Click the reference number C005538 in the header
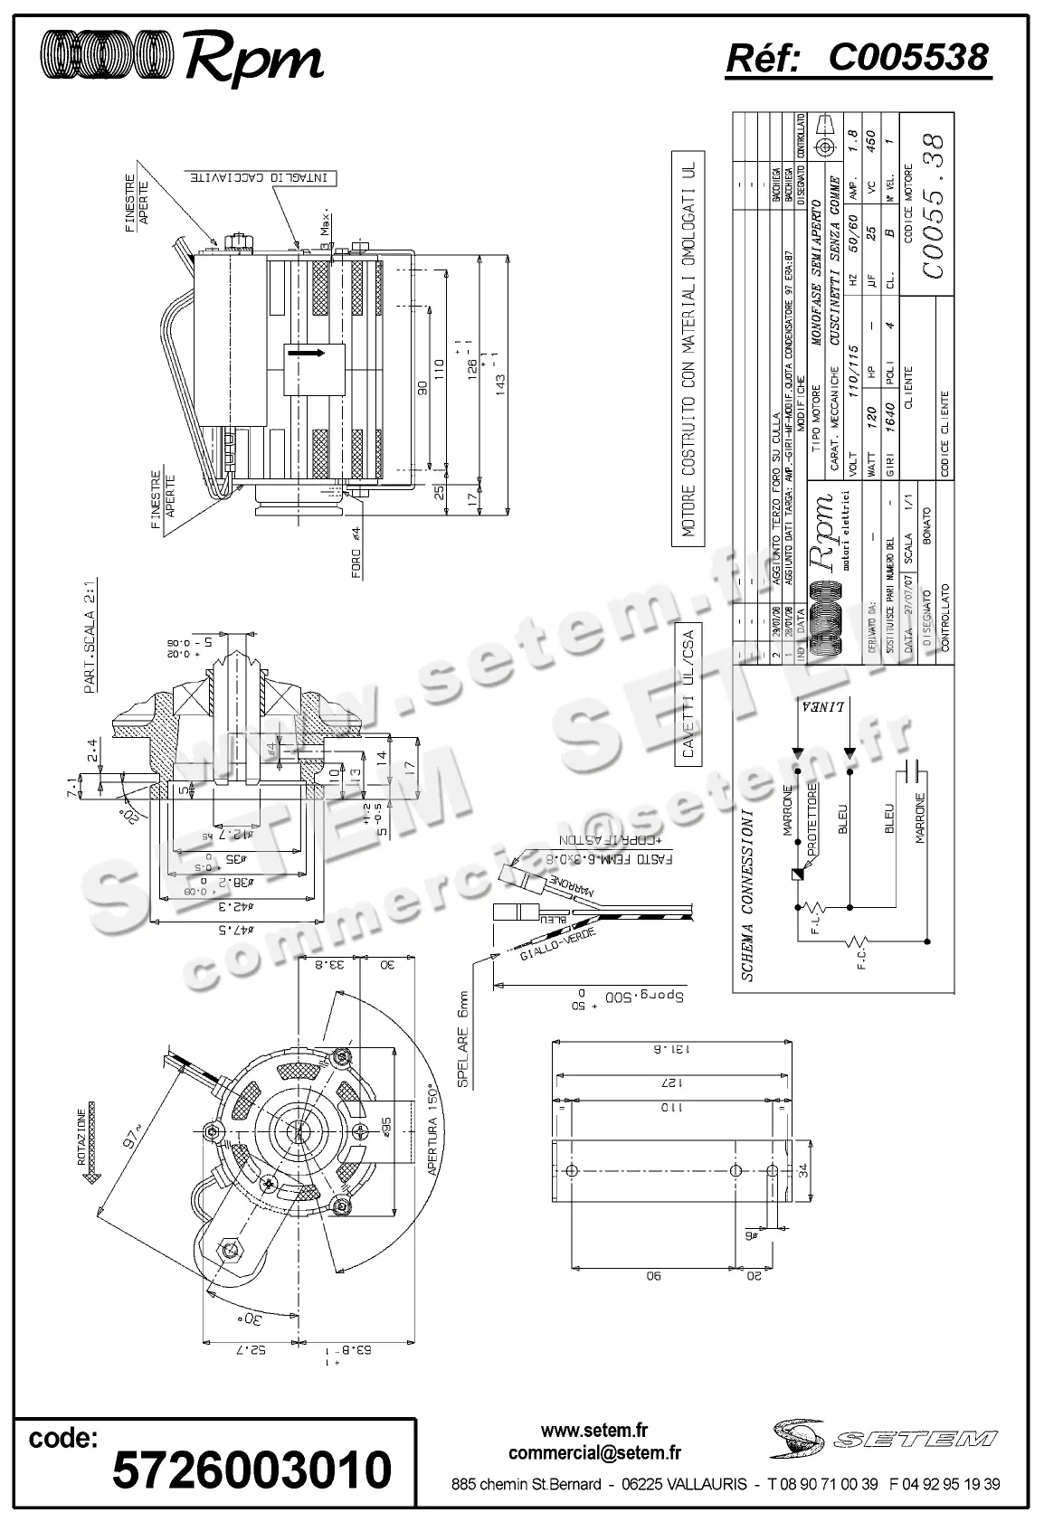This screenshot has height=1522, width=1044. point(907,58)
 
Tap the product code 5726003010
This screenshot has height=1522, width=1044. point(252,1470)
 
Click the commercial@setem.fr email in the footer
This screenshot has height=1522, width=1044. point(594,1453)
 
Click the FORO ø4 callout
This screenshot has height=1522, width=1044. point(356,553)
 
